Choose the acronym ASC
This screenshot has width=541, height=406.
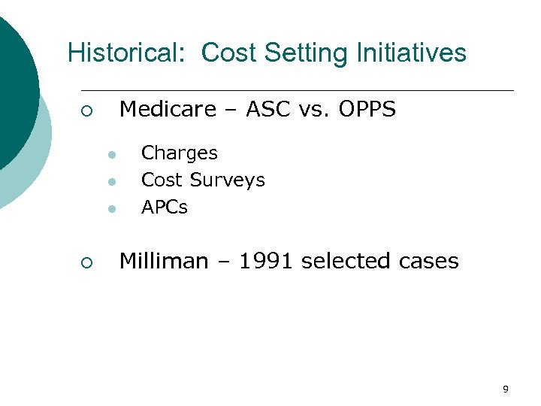[x=267, y=111]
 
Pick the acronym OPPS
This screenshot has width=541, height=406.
[x=367, y=111]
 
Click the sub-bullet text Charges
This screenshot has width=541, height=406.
[x=180, y=153]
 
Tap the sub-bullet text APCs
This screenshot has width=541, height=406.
[x=165, y=208]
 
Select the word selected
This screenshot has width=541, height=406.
[x=344, y=262]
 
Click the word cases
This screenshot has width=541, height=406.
[x=428, y=262]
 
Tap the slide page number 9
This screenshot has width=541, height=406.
[x=505, y=389]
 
